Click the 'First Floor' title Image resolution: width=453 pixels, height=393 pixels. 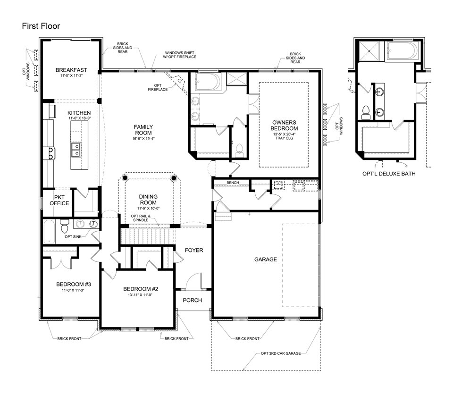(41, 26)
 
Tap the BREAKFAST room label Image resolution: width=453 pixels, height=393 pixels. (70, 70)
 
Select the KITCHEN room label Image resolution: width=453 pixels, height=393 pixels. (78, 113)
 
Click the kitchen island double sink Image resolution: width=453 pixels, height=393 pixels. (75, 150)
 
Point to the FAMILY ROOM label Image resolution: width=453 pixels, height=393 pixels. (142, 130)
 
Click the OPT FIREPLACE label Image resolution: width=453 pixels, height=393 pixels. (158, 87)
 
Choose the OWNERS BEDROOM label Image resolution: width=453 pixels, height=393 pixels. (284, 125)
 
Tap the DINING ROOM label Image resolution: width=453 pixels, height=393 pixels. (148, 200)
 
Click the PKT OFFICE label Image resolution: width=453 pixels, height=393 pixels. (59, 200)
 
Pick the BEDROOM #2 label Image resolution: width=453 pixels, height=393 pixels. (140, 289)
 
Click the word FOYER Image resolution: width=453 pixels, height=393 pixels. (193, 250)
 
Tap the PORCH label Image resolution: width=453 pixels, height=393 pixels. (193, 300)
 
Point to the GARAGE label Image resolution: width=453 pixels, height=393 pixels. (265, 259)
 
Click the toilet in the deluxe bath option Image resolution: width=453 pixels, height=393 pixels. (365, 112)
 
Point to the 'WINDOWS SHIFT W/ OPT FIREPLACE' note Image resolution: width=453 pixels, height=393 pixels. (180, 55)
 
